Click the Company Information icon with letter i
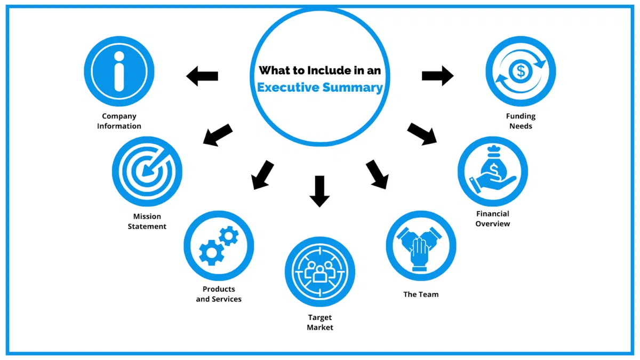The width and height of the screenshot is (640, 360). [119, 71]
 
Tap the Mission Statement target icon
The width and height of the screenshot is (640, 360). [147, 171]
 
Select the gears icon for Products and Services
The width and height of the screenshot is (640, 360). [219, 245]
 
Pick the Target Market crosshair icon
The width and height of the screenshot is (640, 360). [319, 271]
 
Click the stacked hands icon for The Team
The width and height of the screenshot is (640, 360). [421, 245]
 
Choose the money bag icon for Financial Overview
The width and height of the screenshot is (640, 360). [492, 171]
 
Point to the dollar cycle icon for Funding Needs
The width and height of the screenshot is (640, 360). [521, 71]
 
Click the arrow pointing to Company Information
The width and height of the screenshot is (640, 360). [202, 76]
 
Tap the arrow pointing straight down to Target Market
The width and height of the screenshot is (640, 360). [319, 190]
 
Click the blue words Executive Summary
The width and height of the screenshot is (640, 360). [320, 87]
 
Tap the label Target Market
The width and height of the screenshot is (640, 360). [319, 322]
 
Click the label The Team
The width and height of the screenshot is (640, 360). [421, 294]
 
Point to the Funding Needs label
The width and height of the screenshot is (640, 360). [521, 121]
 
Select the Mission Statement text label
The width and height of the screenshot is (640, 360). [147, 221]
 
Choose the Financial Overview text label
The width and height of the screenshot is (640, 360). [492, 219]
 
